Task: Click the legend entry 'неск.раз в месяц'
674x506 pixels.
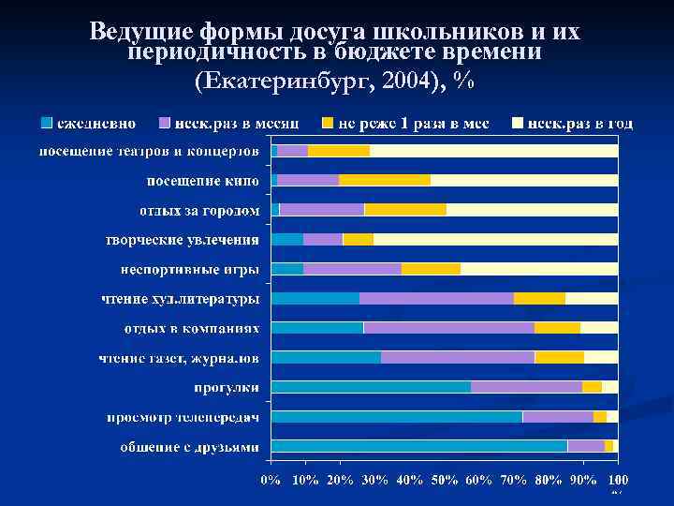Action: pyautogui.click(x=238, y=123)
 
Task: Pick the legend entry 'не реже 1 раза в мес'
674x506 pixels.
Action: pyautogui.click(x=413, y=123)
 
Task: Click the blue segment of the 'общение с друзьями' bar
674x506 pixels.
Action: pyautogui.click(x=418, y=446)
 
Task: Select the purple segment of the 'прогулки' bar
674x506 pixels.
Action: pyautogui.click(x=526, y=387)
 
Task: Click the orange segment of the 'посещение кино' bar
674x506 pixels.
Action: pyautogui.click(x=385, y=180)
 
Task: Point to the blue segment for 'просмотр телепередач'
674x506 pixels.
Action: pyautogui.click(x=396, y=417)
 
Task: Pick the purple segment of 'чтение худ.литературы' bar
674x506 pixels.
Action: pyautogui.click(x=436, y=299)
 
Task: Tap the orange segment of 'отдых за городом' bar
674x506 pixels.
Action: pyautogui.click(x=405, y=209)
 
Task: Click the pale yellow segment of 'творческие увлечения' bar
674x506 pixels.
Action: pyautogui.click(x=495, y=239)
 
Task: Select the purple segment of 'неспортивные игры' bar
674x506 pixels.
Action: pyautogui.click(x=352, y=269)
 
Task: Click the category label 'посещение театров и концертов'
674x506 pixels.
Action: pyautogui.click(x=148, y=151)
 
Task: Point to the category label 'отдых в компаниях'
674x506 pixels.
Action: pyautogui.click(x=192, y=328)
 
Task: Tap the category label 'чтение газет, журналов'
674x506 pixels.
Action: pyautogui.click(x=180, y=358)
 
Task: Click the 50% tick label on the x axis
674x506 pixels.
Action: pyautogui.click(x=446, y=479)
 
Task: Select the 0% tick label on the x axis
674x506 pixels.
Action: pyautogui.click(x=270, y=479)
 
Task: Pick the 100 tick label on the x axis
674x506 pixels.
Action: pyautogui.click(x=618, y=479)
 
